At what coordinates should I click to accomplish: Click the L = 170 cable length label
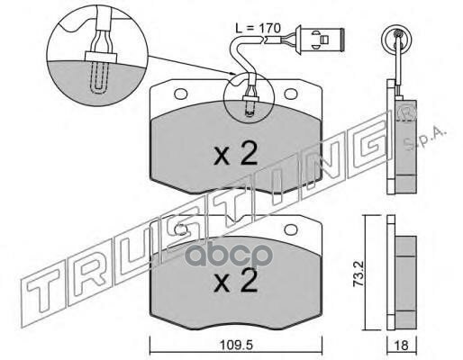point(258,28)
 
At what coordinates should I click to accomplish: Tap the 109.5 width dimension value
point(236,346)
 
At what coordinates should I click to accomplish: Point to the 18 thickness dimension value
point(402,346)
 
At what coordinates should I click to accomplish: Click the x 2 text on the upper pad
point(236,154)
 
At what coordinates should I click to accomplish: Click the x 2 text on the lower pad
point(236,281)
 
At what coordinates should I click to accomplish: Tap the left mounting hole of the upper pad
point(180,94)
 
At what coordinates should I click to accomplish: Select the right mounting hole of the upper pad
point(290,94)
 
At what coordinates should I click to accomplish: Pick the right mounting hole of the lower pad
point(290,229)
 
